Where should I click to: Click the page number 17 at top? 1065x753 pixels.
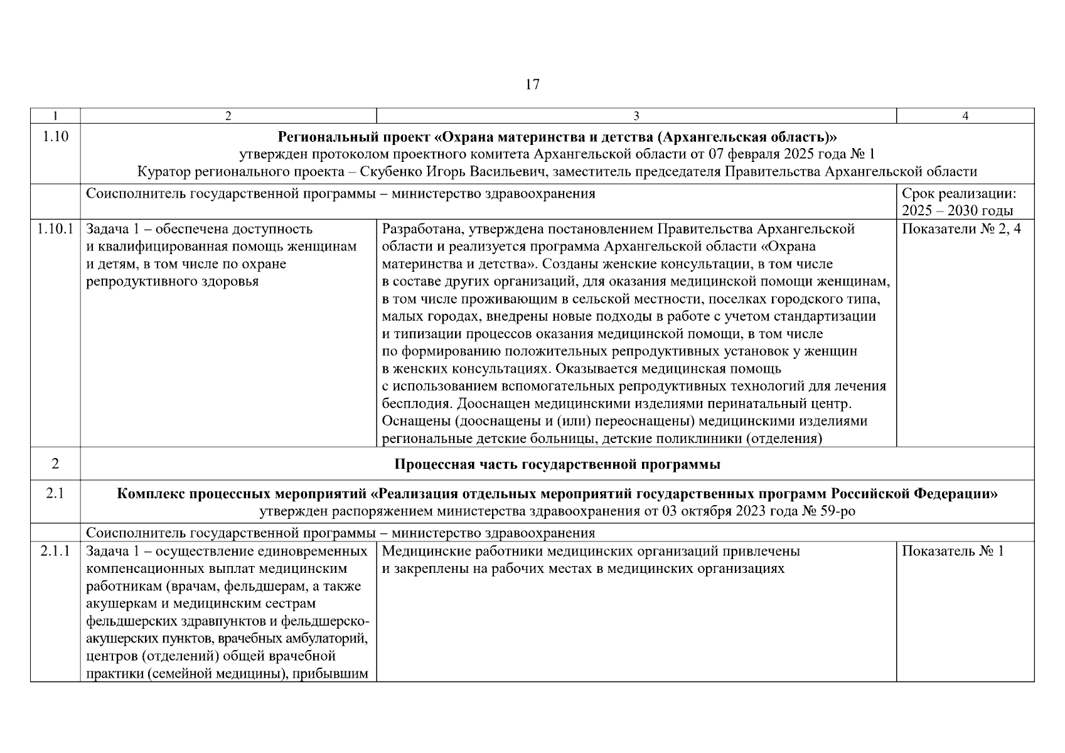click(532, 85)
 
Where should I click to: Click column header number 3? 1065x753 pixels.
click(636, 115)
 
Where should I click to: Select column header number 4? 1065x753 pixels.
click(965, 115)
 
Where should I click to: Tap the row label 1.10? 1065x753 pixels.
click(55, 137)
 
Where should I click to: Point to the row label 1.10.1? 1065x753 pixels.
click(55, 229)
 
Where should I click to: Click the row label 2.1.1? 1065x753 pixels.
click(55, 551)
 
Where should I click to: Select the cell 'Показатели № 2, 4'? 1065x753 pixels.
click(961, 229)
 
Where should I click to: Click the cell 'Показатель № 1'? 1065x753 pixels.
click(953, 551)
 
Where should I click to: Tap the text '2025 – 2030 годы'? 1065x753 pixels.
click(957, 211)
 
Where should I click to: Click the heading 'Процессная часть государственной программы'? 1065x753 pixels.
click(557, 464)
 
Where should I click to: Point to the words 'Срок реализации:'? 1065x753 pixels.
click(958, 194)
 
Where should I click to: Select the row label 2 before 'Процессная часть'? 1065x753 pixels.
click(55, 464)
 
